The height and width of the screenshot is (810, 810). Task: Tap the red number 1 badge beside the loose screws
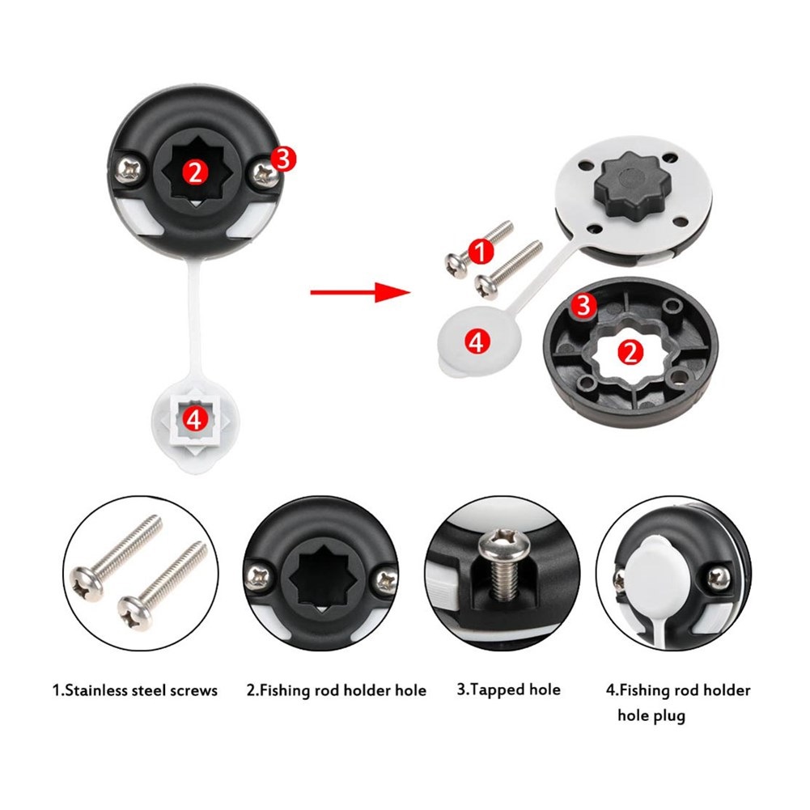[482, 253]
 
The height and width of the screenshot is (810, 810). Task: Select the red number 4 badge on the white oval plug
[477, 341]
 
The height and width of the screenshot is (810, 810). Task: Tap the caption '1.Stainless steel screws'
[135, 690]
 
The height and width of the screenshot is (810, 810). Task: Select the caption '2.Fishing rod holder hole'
[336, 690]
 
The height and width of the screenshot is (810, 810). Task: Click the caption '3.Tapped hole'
[508, 689]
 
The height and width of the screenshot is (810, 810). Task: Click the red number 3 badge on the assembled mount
[281, 159]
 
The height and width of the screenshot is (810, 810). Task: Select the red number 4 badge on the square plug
[193, 418]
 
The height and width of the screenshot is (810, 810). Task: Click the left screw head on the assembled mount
[127, 168]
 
